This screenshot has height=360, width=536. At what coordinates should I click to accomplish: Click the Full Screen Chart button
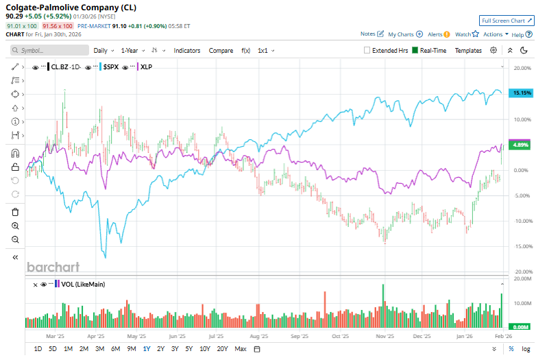click(x=506, y=21)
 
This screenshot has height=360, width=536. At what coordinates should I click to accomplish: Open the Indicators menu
click(x=186, y=50)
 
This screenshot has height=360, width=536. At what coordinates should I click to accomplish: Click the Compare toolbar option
click(x=221, y=50)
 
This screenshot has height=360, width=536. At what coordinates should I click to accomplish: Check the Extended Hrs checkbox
click(x=367, y=50)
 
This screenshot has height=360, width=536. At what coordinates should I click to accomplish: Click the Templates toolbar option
click(x=468, y=50)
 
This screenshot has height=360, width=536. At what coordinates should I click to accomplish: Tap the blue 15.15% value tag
click(x=522, y=93)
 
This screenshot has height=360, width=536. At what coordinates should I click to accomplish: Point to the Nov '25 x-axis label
click(x=384, y=337)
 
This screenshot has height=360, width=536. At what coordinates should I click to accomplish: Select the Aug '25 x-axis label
click(x=259, y=337)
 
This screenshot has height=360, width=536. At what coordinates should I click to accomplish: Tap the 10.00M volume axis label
click(x=522, y=303)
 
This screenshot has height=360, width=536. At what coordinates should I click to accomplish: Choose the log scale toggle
click(x=525, y=349)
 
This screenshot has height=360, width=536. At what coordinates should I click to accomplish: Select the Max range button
click(x=240, y=349)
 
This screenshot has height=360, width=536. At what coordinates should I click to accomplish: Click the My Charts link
click(x=405, y=34)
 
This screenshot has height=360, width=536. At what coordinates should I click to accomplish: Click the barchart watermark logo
click(x=53, y=267)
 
